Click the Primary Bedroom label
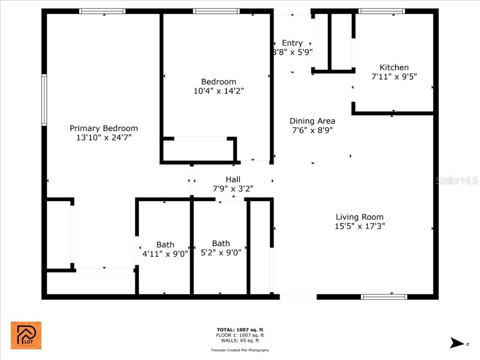click(104, 128)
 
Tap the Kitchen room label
click(394, 67)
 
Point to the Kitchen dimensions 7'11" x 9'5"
click(394, 76)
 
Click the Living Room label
click(359, 217)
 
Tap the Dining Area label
click(312, 121)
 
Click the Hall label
click(233, 179)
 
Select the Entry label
click(292, 43)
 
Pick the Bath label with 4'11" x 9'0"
click(165, 244)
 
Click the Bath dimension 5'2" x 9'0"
click(221, 253)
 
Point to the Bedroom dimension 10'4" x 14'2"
click(218, 91)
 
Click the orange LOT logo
click(26, 335)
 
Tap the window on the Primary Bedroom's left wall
click(44, 100)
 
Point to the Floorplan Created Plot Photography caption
click(240, 350)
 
